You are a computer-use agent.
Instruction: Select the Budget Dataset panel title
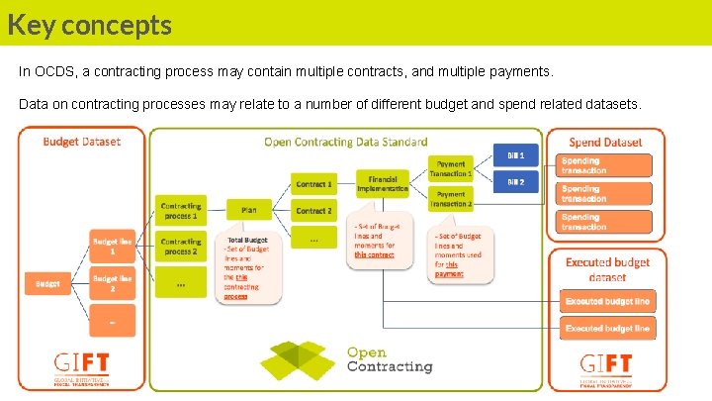[82, 142]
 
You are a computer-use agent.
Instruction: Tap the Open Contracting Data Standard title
[346, 142]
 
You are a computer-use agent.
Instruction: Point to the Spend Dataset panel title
[605, 143]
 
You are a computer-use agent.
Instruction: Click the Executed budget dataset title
[607, 269]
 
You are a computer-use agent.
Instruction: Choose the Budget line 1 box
[112, 247]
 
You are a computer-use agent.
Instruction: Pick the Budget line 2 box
[112, 284]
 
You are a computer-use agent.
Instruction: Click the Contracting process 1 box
[180, 210]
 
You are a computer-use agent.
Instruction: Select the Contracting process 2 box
[180, 247]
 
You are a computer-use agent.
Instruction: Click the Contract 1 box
[313, 184]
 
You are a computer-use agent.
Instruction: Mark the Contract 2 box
[313, 211]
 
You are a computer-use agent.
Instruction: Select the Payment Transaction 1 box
[451, 168]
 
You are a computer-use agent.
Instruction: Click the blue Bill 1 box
[515, 155]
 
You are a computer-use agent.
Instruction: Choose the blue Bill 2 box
[515, 182]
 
